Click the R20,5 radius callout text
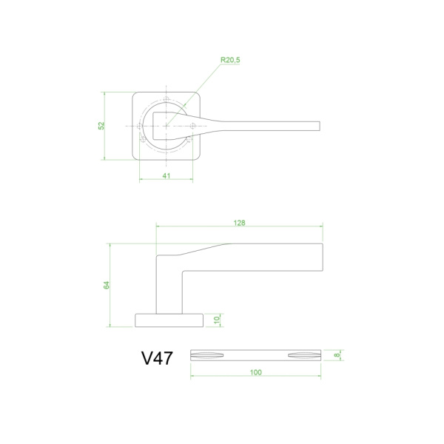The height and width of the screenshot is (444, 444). tap(230, 60)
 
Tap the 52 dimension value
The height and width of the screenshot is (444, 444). tap(101, 126)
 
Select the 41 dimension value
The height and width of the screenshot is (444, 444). tap(166, 176)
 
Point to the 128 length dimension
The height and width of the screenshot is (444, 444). tap(239, 223)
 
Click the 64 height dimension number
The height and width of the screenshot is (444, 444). tap(106, 285)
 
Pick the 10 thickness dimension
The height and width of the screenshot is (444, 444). tap(217, 320)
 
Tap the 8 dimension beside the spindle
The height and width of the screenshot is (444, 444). tap(337, 355)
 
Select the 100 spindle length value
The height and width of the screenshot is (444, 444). tap(256, 372)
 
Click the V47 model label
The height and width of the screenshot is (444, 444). tap(157, 358)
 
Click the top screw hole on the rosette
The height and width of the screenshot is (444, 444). tap(166, 99)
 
